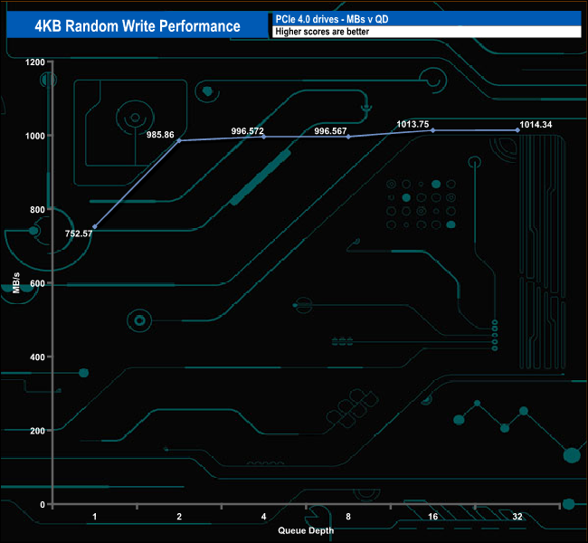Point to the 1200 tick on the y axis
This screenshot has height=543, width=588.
point(34,62)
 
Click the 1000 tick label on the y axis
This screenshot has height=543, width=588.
point(34,136)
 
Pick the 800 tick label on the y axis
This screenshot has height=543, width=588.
point(37,210)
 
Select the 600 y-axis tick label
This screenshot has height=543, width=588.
point(37,283)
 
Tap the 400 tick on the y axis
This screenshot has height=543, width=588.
point(37,357)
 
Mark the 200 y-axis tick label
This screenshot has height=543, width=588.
point(37,431)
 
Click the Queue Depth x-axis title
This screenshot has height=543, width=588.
point(306,530)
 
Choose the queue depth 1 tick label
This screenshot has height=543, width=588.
point(95,517)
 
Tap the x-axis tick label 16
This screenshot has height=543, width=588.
point(432,517)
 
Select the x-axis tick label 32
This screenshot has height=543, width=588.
point(517,517)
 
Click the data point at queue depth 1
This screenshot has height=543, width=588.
point(95,226)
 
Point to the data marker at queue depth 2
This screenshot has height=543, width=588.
point(179,140)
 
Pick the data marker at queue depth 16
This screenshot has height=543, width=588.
point(432,130)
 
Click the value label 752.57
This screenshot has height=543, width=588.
point(80,233)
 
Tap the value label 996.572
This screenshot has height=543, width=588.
point(247,130)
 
